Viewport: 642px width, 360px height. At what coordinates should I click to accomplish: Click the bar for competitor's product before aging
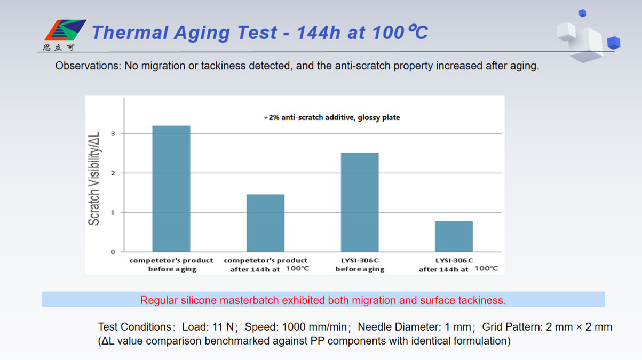pos(171,189)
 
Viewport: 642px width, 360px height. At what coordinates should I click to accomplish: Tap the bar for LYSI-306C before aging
pos(360,202)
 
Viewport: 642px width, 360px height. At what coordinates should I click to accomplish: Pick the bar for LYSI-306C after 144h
pos(454,236)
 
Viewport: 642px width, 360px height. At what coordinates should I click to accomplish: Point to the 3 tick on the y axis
pos(113,133)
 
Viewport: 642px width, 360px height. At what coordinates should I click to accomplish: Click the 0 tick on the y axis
pos(113,252)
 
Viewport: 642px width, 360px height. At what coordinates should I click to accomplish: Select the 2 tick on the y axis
pos(113,173)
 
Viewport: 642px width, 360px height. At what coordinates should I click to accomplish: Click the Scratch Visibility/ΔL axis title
pos(94,179)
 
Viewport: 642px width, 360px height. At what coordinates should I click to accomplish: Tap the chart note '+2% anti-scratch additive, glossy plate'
pos(331,117)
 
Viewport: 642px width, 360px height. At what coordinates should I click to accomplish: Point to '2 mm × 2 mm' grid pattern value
pos(579,327)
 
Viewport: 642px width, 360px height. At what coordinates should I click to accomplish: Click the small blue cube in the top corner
pos(582,13)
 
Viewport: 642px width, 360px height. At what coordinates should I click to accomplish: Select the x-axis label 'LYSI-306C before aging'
pos(360,265)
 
